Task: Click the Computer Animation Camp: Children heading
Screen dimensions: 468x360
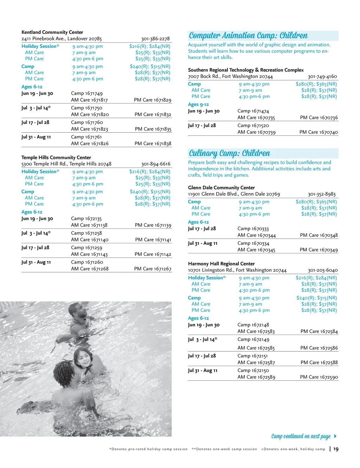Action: [248, 36]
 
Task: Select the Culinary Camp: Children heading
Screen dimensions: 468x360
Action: [230, 153]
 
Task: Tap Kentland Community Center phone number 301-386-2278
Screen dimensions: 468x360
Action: [155, 39]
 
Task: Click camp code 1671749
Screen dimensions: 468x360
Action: [87, 94]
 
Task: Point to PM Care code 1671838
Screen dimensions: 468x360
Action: [153, 144]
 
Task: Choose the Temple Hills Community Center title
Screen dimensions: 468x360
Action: [56, 158]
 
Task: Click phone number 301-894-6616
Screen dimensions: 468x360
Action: [156, 164]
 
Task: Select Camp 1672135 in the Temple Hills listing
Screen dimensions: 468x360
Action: [86, 219]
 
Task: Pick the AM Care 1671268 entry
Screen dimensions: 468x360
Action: [90, 269]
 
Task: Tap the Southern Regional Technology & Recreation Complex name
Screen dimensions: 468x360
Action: [246, 70]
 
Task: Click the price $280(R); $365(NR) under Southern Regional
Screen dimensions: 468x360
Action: [316, 84]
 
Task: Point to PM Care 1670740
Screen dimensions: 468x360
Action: [319, 132]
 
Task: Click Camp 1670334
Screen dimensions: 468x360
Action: [253, 244]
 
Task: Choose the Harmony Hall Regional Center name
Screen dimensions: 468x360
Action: [221, 264]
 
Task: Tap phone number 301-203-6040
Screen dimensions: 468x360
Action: [323, 270]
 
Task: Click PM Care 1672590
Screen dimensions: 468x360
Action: [319, 377]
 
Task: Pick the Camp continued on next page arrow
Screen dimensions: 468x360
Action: [335, 436]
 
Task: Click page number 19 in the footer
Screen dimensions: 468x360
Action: [336, 449]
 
